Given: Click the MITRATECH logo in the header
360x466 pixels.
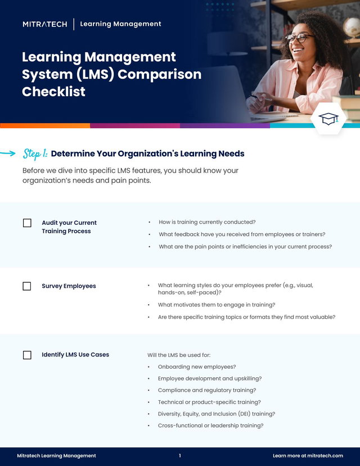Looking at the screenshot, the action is click(45, 24).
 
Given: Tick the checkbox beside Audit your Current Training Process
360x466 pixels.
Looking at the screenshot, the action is click(27, 223).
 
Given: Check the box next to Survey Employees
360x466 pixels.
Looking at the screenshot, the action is click(27, 286).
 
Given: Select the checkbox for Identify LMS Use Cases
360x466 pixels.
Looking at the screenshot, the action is click(27, 355).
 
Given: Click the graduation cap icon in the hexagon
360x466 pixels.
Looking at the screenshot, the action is click(328, 119).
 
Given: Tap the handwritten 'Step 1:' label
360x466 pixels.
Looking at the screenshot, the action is click(35, 153).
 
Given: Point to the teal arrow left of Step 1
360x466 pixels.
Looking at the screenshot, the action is click(8, 153).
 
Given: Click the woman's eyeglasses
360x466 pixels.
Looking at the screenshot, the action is click(299, 38).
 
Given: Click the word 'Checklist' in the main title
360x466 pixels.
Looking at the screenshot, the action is click(53, 92).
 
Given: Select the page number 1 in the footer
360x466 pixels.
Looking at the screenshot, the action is click(180, 455).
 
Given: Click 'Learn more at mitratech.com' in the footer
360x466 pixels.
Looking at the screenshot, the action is click(308, 455).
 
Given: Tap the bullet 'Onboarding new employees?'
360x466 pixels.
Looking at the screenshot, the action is click(197, 367).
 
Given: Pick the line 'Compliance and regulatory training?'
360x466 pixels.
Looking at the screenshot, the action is click(207, 390).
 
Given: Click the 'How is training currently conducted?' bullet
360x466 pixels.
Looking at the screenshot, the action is click(207, 222).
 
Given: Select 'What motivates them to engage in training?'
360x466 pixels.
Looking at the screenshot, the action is click(217, 305).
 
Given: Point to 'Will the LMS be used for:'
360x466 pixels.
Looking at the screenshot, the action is click(179, 355).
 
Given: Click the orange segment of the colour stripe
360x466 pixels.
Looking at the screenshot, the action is click(45, 126).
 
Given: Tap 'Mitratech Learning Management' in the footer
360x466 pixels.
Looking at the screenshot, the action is click(56, 455).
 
